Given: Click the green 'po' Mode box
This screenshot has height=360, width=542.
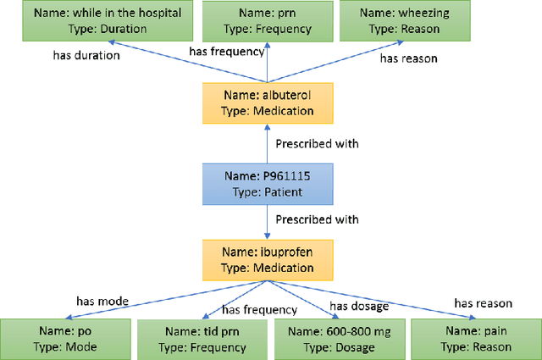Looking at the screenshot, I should click(64, 338).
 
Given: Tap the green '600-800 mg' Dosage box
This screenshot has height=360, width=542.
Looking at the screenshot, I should click(338, 338).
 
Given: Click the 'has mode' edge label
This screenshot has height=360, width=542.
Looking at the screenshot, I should click(103, 300).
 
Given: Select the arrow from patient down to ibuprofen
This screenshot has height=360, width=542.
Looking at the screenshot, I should click(267, 220).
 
